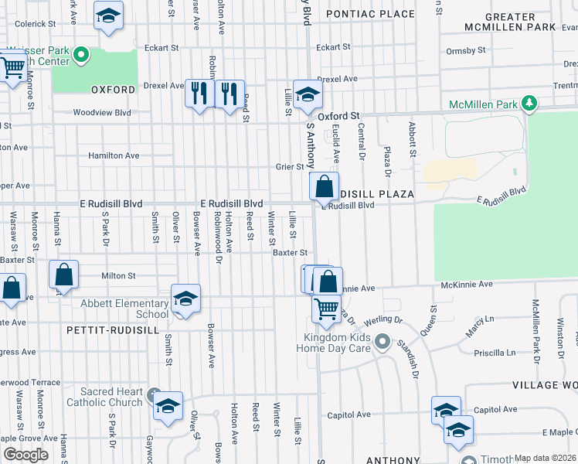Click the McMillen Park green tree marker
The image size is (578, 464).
(x=529, y=103)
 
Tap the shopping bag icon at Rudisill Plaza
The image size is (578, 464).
(x=323, y=186)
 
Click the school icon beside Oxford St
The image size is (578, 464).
(x=308, y=95)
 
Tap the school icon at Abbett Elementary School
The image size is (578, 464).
(x=185, y=299)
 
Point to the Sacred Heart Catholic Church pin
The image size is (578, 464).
(x=154, y=394)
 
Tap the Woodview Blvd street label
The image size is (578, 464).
(x=102, y=112)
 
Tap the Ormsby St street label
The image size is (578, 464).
(x=466, y=51)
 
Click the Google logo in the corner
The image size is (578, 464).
(x=25, y=455)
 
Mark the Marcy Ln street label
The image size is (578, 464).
(x=479, y=319)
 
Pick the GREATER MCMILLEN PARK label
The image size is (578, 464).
(x=509, y=22)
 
